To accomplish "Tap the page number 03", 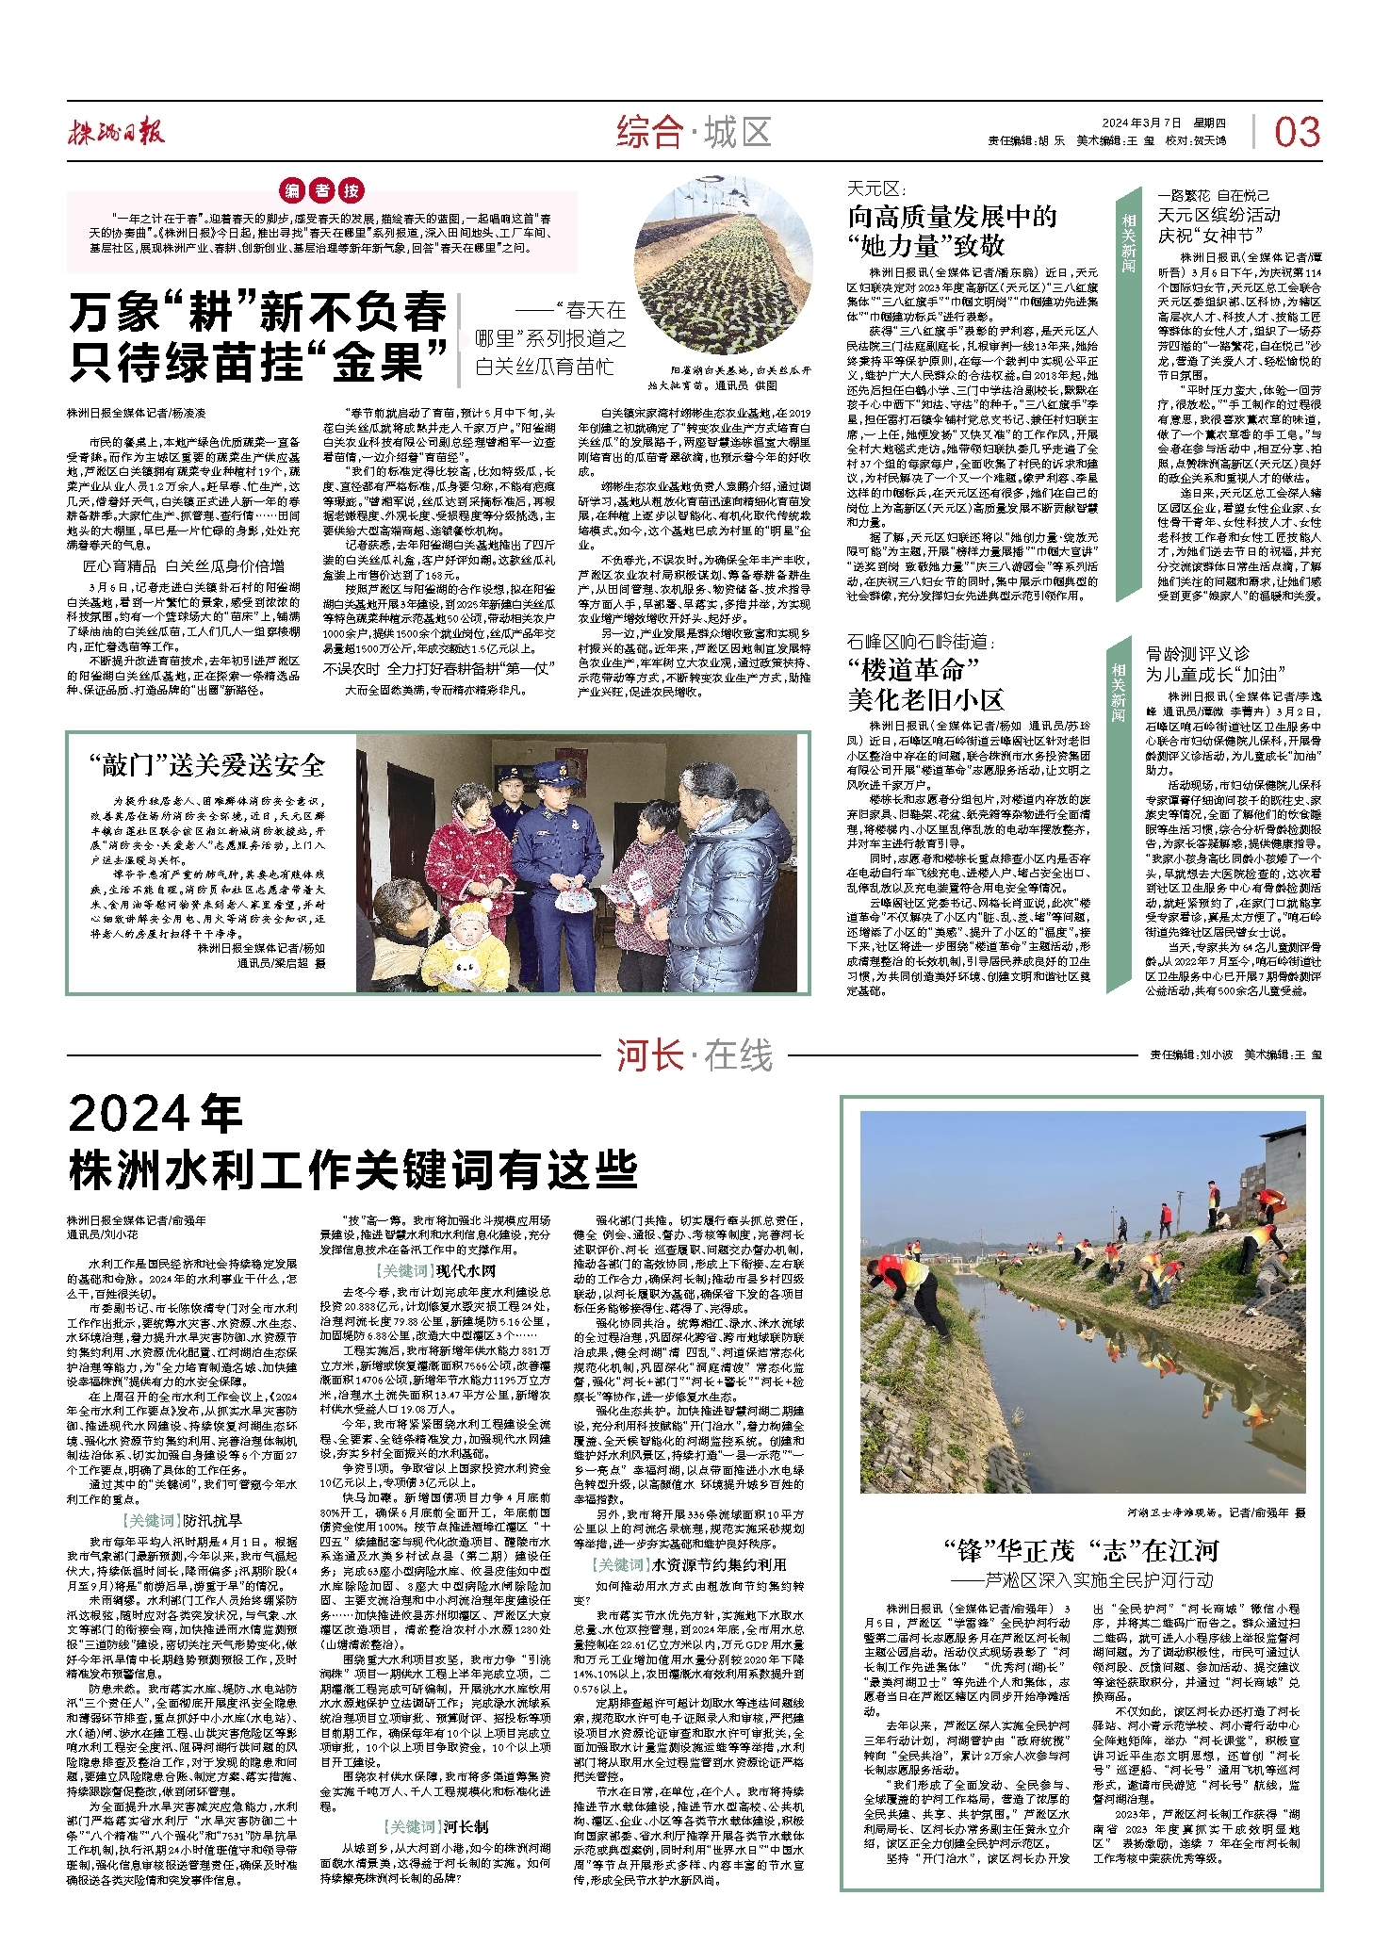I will coord(1297,133).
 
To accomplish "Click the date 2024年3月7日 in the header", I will coord(1141,123).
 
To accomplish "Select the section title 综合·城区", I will coord(695,133).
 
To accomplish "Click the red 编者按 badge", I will coord(323,190).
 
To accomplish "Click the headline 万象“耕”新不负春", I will coord(256,312).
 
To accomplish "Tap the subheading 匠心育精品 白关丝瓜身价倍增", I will coord(184,566).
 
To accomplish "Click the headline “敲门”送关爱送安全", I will coord(206,764).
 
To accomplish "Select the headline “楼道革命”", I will coord(914,670).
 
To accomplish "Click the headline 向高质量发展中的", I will coord(952,217).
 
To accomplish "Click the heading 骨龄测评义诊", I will coord(1198,653).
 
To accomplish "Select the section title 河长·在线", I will coord(695,1055).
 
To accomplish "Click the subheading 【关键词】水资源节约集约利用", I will coord(689,1564).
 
